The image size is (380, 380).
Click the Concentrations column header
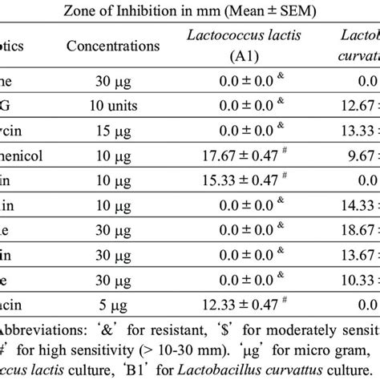[115, 46]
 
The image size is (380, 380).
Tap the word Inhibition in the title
[174, 10]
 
